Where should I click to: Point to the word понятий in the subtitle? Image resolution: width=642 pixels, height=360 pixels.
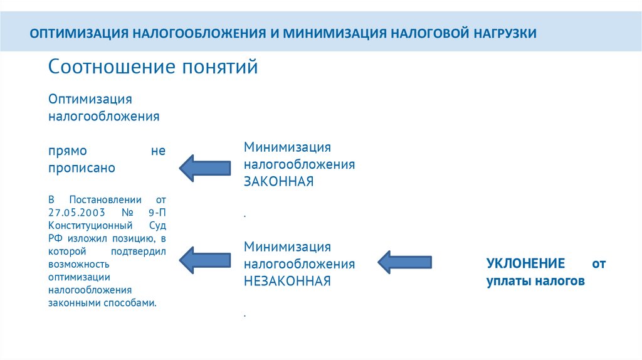[220, 67]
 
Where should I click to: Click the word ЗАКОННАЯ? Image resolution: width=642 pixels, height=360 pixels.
[278, 182]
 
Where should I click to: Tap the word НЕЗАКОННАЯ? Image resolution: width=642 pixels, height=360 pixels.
[287, 281]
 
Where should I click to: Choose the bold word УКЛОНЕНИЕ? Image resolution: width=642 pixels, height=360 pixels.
[525, 264]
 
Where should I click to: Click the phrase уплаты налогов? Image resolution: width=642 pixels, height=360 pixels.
[535, 282]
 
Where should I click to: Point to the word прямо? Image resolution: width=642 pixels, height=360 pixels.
[68, 152]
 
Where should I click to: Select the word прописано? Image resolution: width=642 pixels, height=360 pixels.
[82, 168]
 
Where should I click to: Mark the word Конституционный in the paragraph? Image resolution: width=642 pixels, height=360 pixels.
[90, 225]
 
